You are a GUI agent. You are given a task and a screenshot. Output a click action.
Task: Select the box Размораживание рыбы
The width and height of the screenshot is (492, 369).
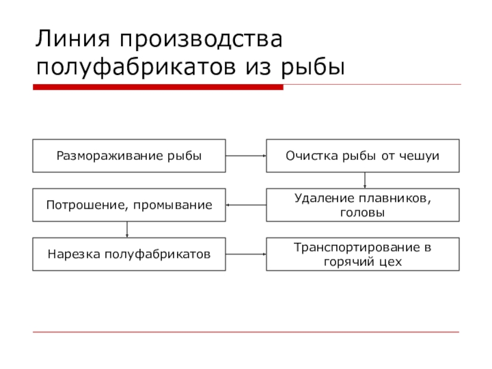pos(129,156)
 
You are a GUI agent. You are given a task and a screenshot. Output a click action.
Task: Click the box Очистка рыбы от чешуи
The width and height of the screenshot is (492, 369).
pos(363,156)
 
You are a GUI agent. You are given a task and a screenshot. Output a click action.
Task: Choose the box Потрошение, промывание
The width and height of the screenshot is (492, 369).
pos(129,205)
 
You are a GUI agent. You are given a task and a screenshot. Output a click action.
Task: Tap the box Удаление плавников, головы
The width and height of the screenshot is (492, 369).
pos(363,205)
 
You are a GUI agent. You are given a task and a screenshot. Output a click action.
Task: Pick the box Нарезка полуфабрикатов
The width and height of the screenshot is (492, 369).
pos(129,253)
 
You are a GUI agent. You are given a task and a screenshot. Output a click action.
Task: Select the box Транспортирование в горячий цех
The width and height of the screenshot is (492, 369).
pos(363,253)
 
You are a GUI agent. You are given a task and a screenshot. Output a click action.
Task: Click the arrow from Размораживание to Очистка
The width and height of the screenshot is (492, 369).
pos(245,156)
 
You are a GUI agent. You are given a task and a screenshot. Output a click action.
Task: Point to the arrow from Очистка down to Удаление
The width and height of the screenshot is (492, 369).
pos(365,180)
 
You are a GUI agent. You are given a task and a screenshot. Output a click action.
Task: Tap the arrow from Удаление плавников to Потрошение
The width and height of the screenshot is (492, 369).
pos(245,205)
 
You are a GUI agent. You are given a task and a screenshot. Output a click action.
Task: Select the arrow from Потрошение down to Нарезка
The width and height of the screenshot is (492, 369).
pos(127,229)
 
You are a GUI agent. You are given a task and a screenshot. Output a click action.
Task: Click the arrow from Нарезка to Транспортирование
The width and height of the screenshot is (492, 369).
pos(245,253)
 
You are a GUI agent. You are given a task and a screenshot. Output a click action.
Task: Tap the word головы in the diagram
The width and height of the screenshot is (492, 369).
pos(363,213)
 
